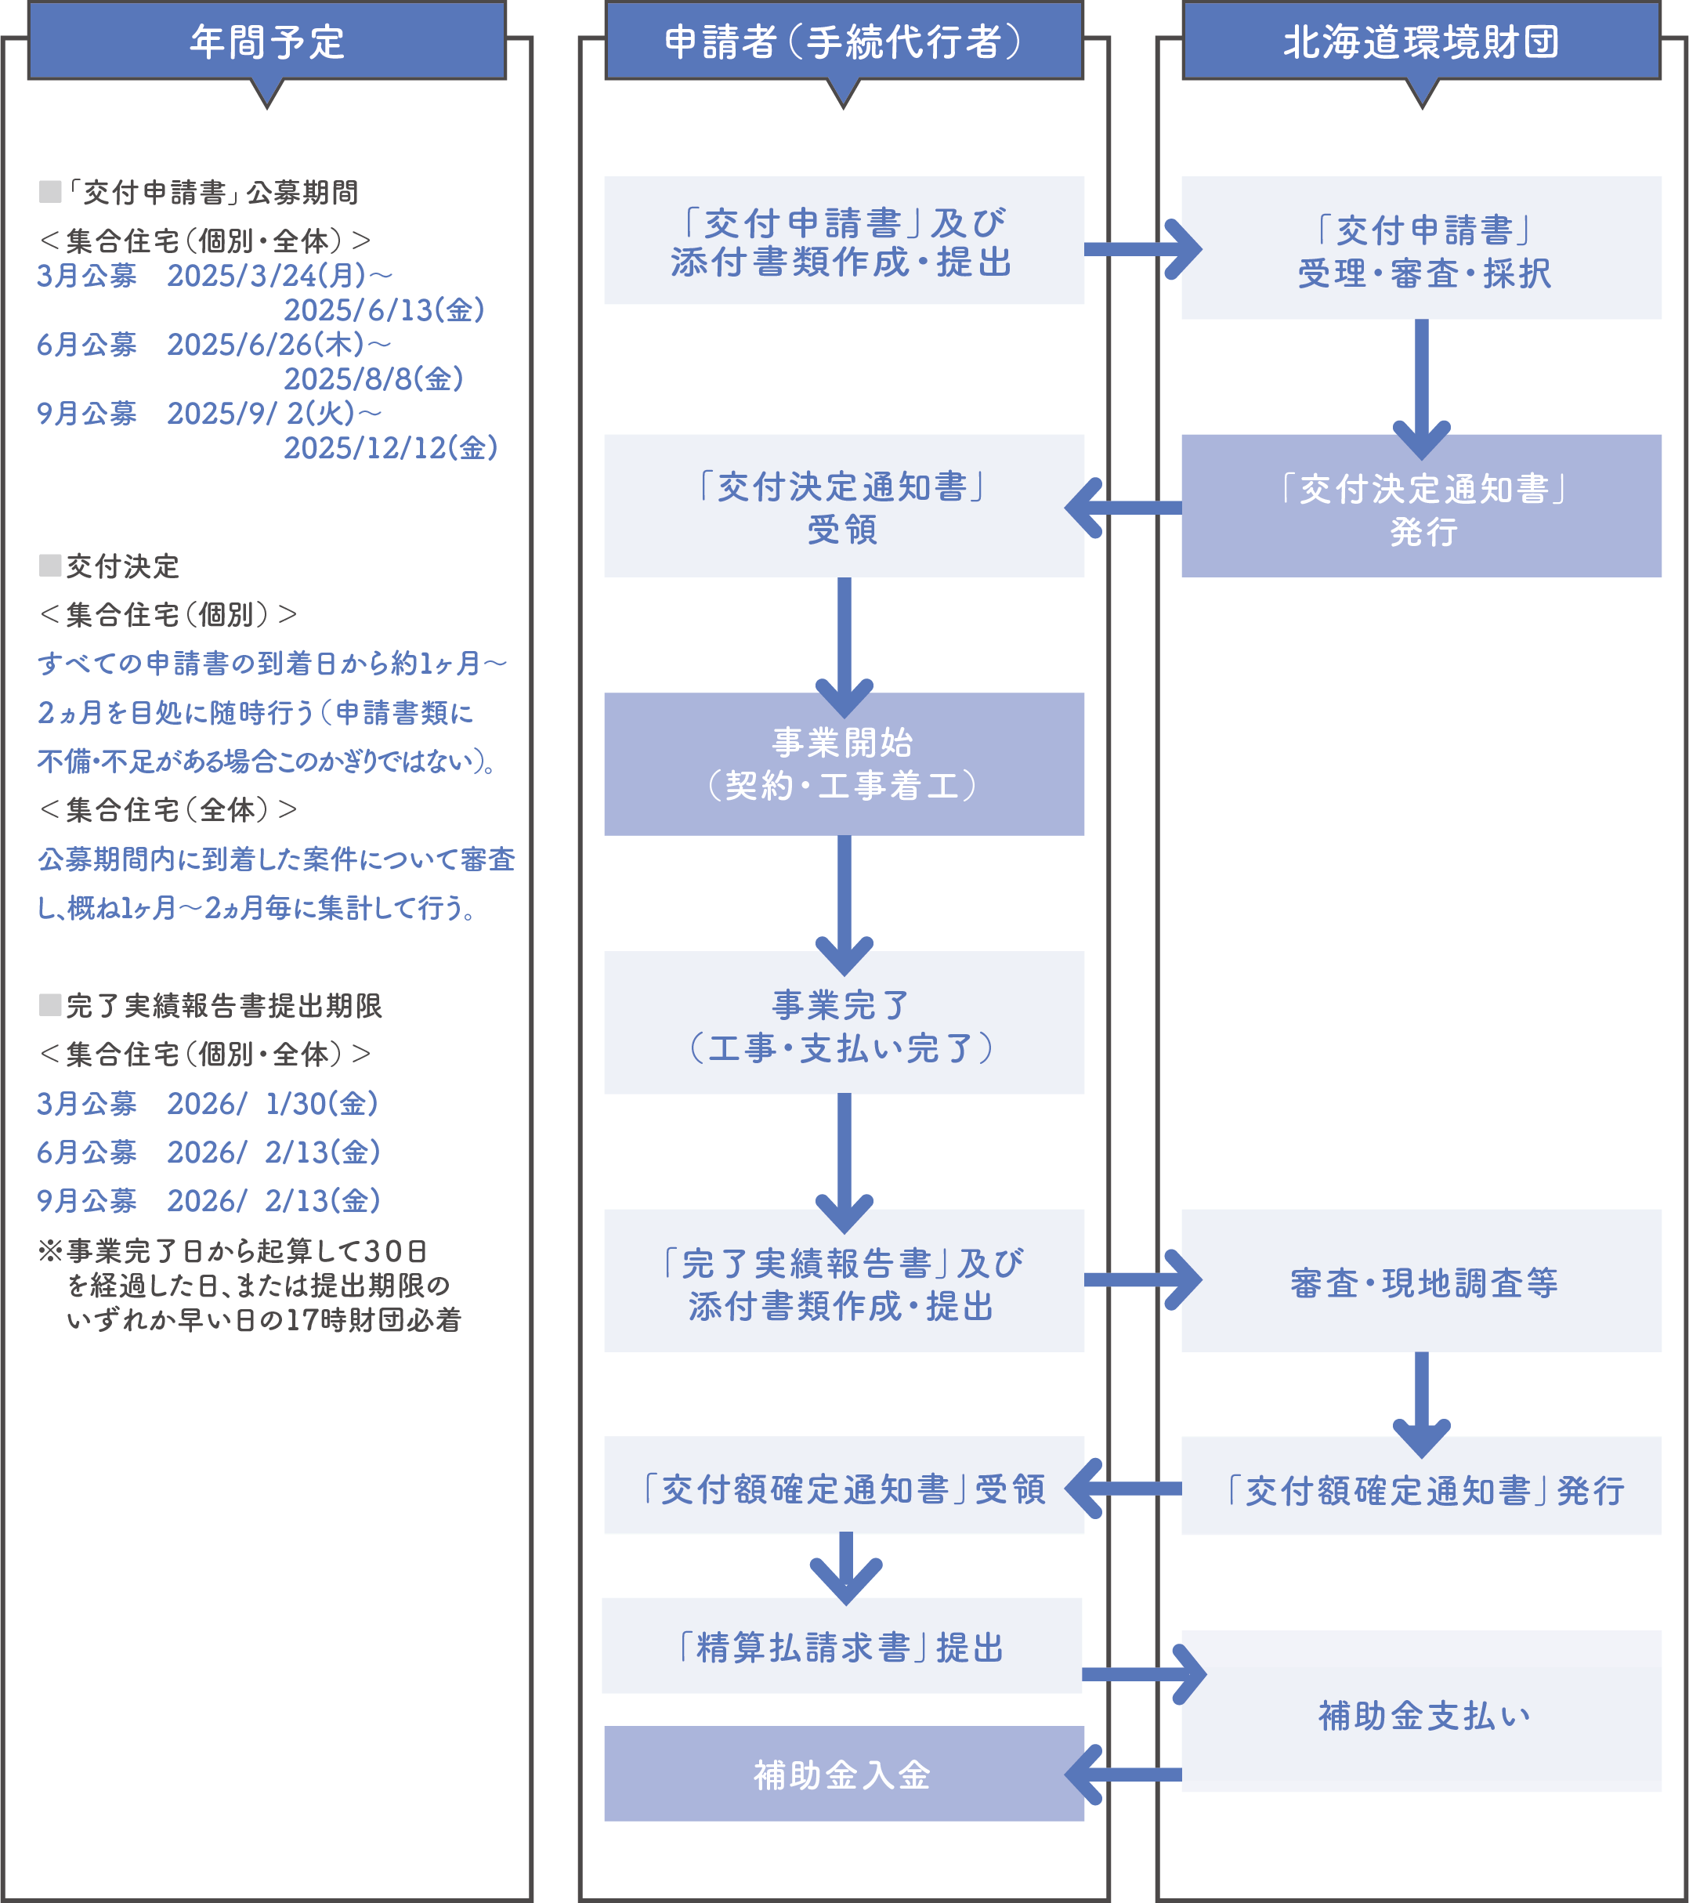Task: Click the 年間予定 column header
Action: (266, 42)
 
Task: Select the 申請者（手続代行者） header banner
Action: (844, 42)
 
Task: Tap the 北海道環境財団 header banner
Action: (1421, 42)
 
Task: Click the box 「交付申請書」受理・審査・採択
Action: (1421, 248)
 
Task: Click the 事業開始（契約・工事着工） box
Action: (844, 765)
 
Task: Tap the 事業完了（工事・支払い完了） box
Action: (844, 1022)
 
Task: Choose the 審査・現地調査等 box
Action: (1421, 1281)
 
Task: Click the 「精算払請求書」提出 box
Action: (841, 1647)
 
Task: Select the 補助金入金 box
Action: (844, 1775)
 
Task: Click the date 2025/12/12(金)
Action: (391, 448)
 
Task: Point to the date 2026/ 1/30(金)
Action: (272, 1104)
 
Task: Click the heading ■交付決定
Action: (110, 566)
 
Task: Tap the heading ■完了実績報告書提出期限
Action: (212, 1005)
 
